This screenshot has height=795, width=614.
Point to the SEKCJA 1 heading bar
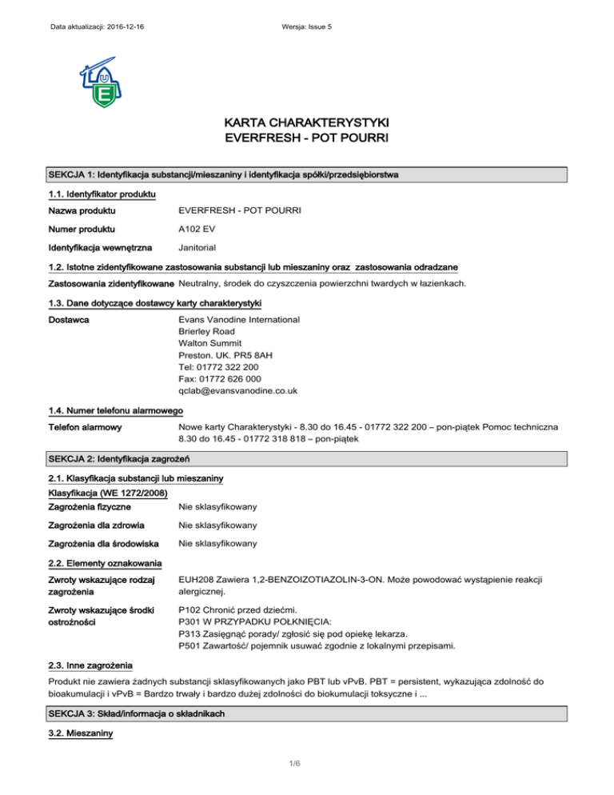pos(308,175)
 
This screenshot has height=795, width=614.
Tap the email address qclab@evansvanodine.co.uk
pos(239,391)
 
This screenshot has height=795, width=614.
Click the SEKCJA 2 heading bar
pos(308,458)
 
